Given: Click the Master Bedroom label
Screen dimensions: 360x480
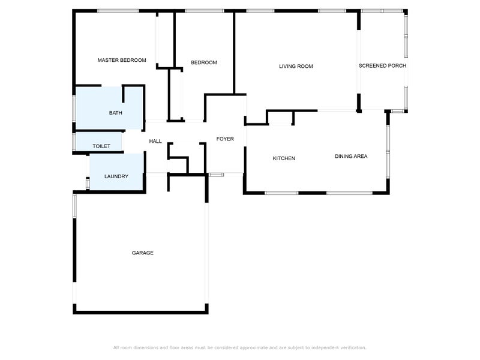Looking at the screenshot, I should click(x=122, y=60).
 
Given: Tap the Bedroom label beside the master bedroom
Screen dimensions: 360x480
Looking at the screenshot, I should click(x=204, y=62).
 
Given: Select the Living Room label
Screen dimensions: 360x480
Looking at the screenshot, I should click(x=296, y=66).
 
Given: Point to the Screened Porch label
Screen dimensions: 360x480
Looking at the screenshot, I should click(x=383, y=65).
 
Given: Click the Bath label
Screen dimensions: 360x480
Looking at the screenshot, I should click(x=116, y=113).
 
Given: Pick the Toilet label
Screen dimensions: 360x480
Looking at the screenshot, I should click(x=101, y=146).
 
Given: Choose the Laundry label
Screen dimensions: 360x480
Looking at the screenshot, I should click(x=116, y=176).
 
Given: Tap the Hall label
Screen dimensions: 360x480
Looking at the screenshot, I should click(x=155, y=141).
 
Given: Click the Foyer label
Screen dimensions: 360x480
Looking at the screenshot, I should click(x=225, y=139).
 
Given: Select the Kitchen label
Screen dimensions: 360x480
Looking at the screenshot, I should click(x=284, y=158).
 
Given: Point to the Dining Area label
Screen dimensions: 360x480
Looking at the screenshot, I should click(x=351, y=156).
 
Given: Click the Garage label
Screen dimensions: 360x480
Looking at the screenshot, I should click(x=143, y=253).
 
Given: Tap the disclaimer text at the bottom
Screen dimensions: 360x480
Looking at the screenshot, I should click(x=240, y=347).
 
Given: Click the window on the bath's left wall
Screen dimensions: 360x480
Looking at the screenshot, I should click(x=74, y=109).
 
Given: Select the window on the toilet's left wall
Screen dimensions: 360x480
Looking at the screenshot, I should click(x=74, y=142).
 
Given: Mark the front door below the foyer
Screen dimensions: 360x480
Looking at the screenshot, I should click(x=216, y=175).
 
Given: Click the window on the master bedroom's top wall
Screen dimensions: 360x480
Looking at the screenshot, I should click(x=118, y=10).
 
